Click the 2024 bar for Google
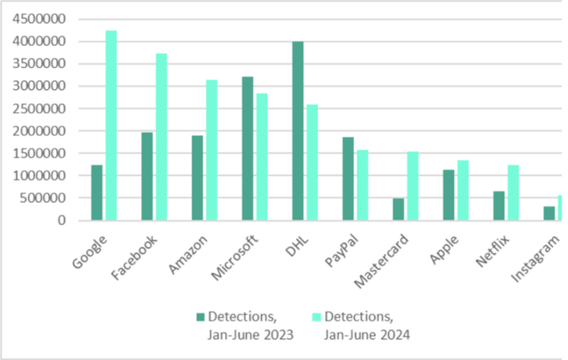tap(111, 126)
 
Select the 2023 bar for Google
tap(97, 192)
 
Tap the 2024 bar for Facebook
tap(161, 137)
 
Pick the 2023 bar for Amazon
tap(197, 177)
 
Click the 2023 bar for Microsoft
tap(248, 148)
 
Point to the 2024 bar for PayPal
tap(362, 185)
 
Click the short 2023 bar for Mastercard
tap(399, 209)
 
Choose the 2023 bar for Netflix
tap(499, 206)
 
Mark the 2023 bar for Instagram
tap(550, 213)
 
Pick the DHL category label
tap(297, 242)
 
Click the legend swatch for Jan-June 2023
tap(200, 317)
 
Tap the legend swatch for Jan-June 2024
tap(316, 317)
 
